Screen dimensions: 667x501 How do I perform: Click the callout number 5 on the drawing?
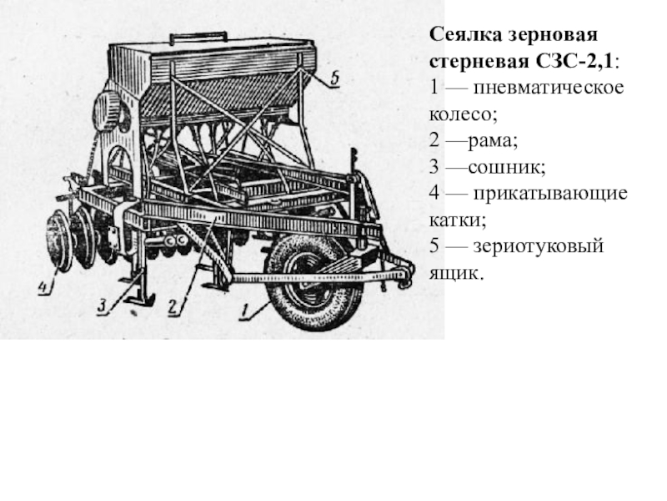click(x=335, y=78)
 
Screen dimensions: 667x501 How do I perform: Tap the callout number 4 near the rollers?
click(x=44, y=287)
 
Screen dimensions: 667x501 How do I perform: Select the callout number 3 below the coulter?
click(x=102, y=306)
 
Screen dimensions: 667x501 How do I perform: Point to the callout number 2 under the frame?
click(x=173, y=307)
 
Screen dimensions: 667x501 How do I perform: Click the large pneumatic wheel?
click(x=314, y=282)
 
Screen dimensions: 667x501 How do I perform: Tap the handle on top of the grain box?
click(x=198, y=37)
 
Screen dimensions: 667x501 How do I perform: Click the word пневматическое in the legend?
click(x=549, y=88)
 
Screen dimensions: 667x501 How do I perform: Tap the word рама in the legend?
click(x=491, y=141)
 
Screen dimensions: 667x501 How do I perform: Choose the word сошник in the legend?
click(x=504, y=168)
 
